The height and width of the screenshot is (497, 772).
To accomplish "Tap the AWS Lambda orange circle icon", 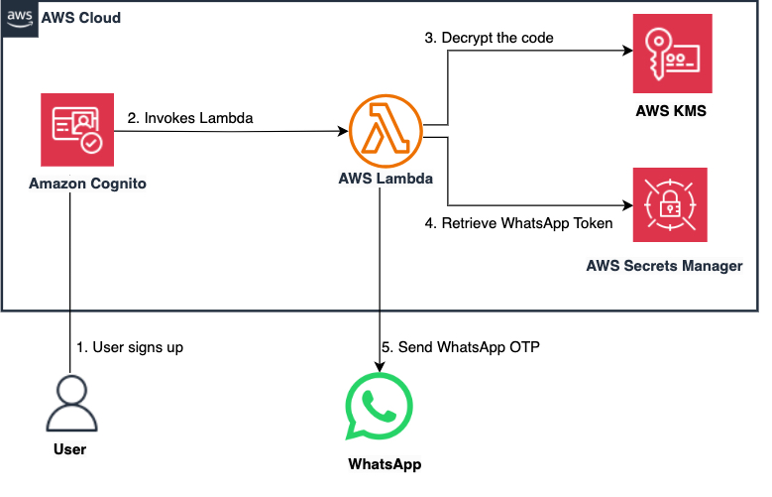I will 381,130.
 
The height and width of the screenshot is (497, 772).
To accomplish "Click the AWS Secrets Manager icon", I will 671,206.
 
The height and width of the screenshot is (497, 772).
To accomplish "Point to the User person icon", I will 70,403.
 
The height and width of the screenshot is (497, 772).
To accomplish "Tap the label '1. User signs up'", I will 130,348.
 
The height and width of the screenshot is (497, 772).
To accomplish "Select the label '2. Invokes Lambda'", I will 190,118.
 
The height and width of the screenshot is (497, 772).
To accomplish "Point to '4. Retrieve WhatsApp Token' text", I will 518,224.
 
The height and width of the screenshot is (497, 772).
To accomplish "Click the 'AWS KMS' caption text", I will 671,110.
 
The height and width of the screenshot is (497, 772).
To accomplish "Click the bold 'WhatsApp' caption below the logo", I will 381,464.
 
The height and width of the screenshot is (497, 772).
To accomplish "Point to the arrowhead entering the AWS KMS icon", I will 626,55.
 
